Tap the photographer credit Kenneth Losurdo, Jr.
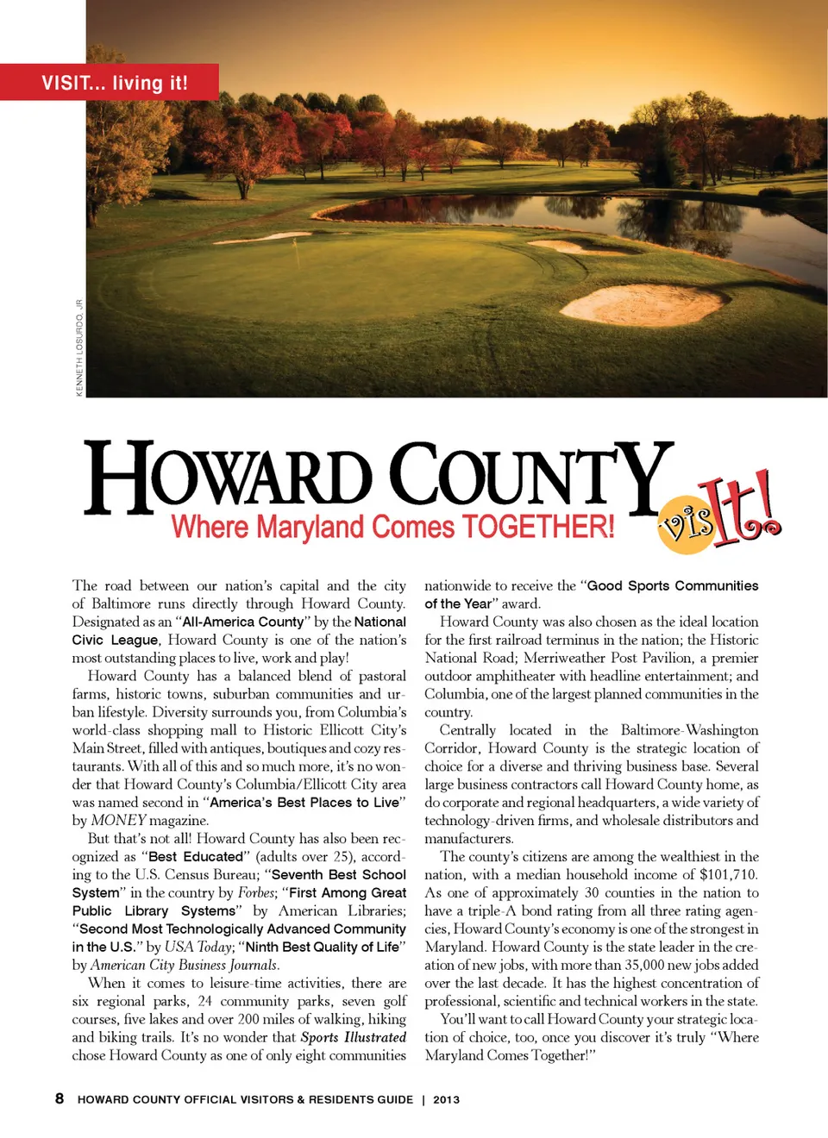coord(79,347)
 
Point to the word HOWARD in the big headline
coord(228,476)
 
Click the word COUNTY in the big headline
coord(530,476)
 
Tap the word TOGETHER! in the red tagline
coord(538,526)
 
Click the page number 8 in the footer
coord(60,1098)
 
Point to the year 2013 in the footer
coord(446,1099)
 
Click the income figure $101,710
coord(729,874)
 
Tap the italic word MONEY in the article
coord(118,820)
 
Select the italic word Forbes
coord(256,892)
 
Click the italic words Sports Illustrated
coord(353,1037)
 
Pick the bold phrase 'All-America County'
coord(243,622)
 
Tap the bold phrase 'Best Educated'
coord(196,856)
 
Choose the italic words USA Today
coord(198,947)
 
